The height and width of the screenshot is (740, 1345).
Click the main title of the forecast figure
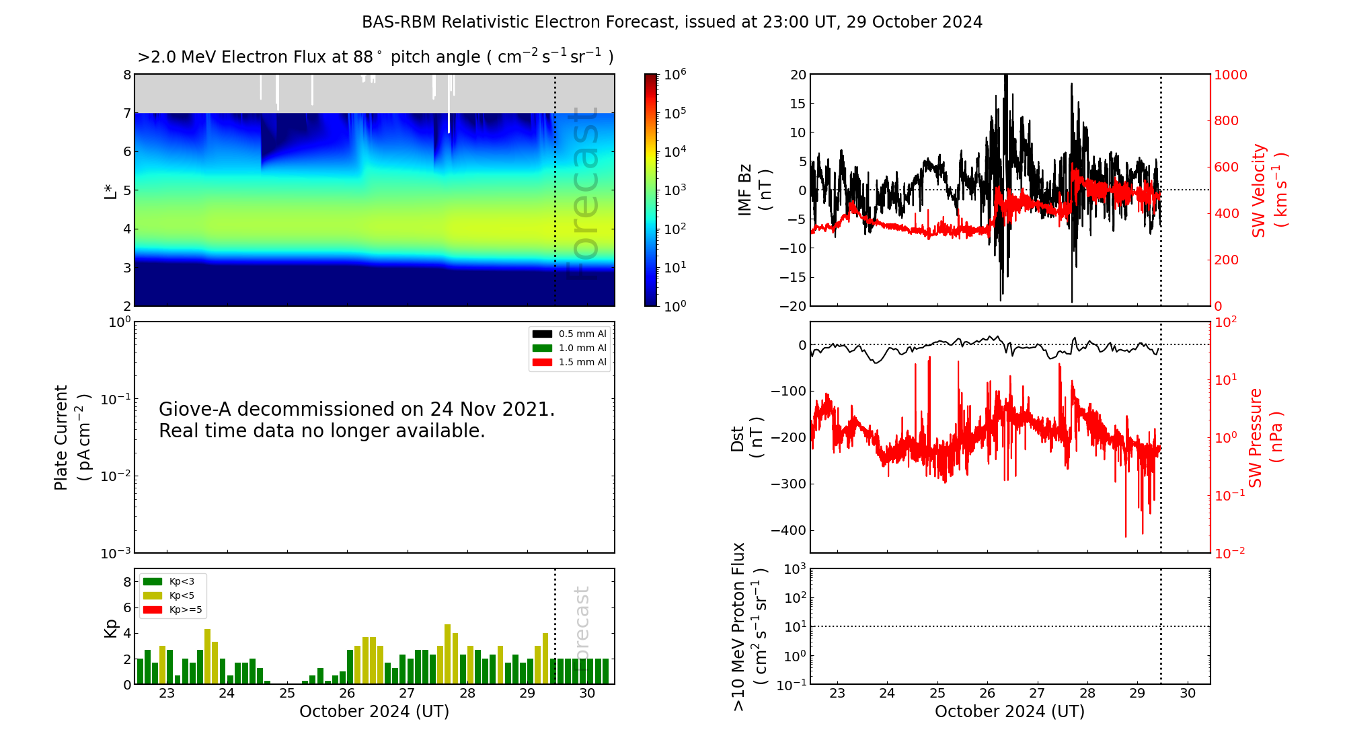coord(672,22)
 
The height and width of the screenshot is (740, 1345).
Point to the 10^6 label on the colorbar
coord(675,74)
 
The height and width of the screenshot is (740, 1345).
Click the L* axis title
coord(110,190)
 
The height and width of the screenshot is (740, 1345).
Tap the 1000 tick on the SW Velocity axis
coord(1230,75)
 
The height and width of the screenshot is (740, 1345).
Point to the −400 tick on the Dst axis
coord(789,530)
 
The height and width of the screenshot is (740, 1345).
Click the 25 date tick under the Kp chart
coord(287,694)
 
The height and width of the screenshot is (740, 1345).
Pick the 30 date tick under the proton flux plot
coord(1188,694)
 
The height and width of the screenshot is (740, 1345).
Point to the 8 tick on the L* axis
coord(127,75)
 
